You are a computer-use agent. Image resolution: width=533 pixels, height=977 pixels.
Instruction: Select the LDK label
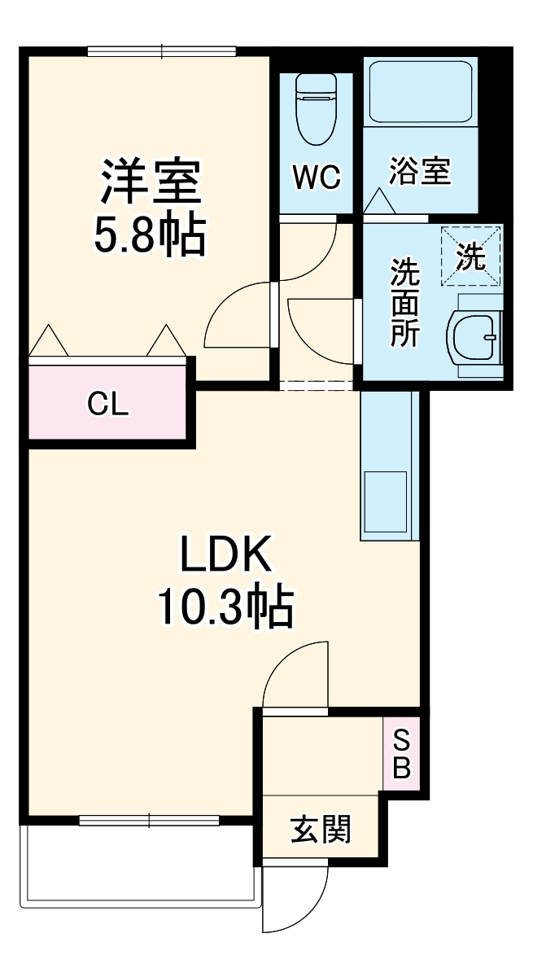click(x=225, y=559)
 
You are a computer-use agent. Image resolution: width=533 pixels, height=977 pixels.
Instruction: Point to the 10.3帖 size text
click(x=225, y=607)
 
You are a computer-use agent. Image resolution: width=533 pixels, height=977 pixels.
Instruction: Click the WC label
click(x=317, y=177)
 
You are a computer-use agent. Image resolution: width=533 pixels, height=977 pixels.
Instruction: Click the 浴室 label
click(x=419, y=172)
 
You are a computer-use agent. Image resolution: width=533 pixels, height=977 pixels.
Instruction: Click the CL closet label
click(x=108, y=404)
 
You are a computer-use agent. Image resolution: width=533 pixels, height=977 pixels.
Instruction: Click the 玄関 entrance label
click(x=321, y=830)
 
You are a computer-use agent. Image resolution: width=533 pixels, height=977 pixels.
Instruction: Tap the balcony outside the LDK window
click(x=138, y=863)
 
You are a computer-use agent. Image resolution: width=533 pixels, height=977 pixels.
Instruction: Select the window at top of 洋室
click(x=162, y=53)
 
